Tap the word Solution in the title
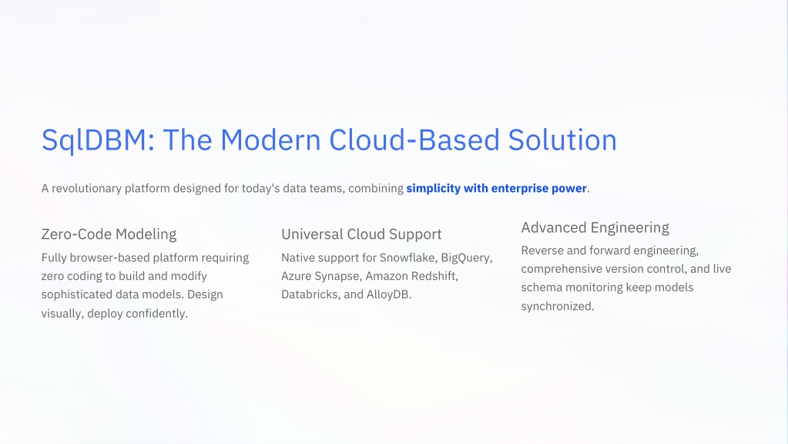pyautogui.click(x=562, y=140)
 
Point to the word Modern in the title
pyautogui.click(x=270, y=140)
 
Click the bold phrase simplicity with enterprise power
pyautogui.click(x=497, y=189)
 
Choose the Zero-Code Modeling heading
pyautogui.click(x=109, y=234)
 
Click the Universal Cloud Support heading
pyautogui.click(x=361, y=234)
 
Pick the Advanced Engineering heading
pyautogui.click(x=595, y=228)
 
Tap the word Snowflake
pyautogui.click(x=408, y=257)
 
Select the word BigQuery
pyautogui.click(x=466, y=258)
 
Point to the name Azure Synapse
pyautogui.click(x=320, y=277)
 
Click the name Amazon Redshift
pyautogui.click(x=411, y=276)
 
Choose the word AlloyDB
pyautogui.click(x=388, y=294)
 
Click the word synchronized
pyautogui.click(x=558, y=306)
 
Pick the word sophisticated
pyautogui.click(x=77, y=294)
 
